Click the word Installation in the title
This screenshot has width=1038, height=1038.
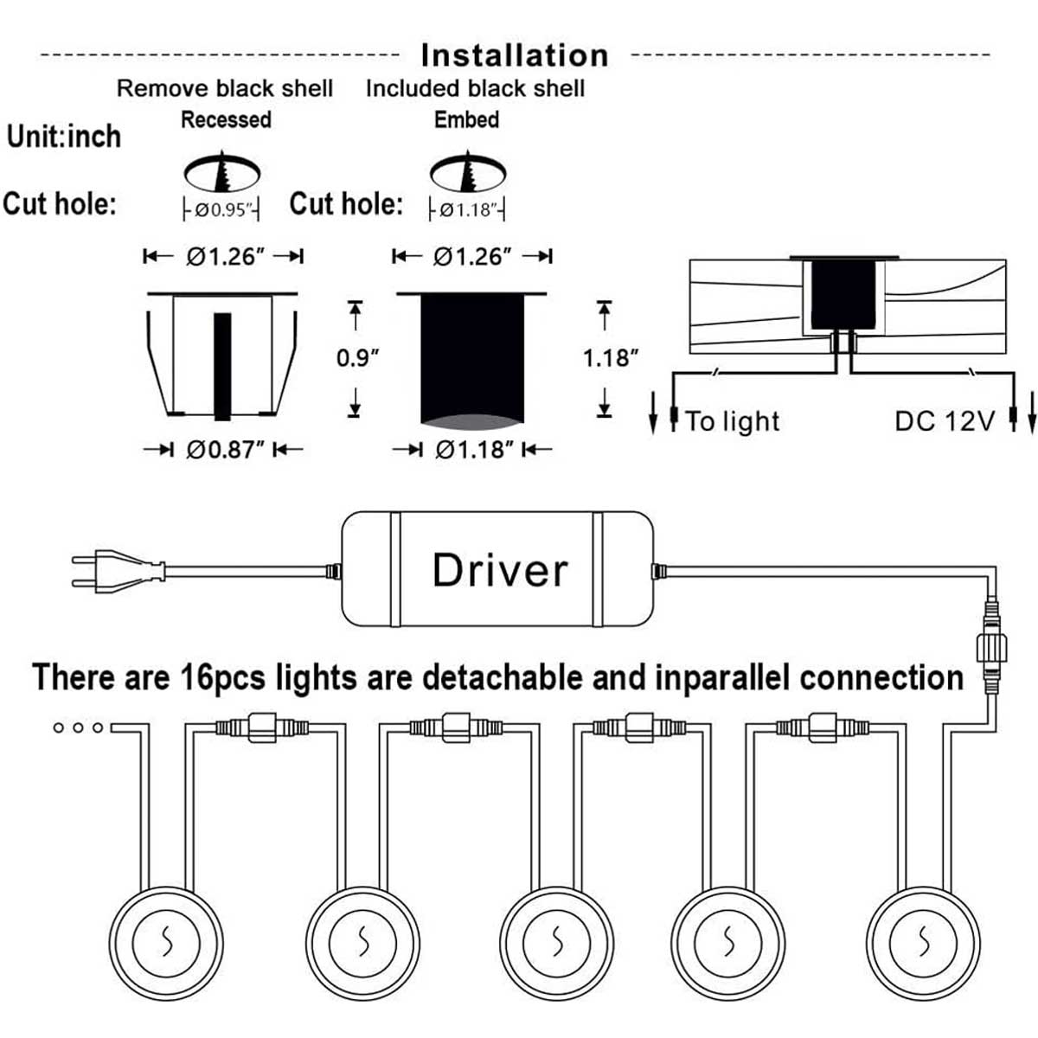coord(515,55)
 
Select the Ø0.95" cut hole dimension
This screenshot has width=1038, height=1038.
coord(221,210)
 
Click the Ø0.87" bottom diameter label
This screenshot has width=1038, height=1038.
coord(224,450)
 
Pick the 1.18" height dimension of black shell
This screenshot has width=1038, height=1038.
coord(610,357)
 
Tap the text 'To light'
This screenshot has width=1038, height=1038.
coord(733,421)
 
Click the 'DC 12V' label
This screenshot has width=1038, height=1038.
coord(944,421)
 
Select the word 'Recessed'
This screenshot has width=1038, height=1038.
coord(226,119)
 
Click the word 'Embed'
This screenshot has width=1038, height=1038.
coord(466,119)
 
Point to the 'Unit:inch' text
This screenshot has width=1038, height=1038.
coord(64,137)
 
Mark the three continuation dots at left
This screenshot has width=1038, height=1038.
coord(78,727)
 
